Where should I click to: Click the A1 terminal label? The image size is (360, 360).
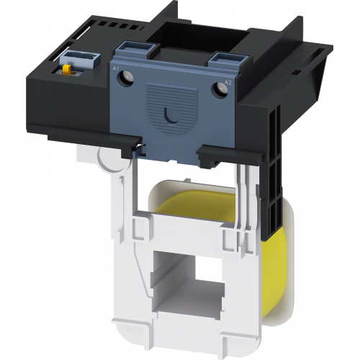click(116, 68)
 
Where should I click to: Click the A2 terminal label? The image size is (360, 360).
click(228, 83)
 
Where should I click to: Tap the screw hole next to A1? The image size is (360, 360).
click(125, 78)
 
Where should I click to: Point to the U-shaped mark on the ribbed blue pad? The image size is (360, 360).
click(172, 116)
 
